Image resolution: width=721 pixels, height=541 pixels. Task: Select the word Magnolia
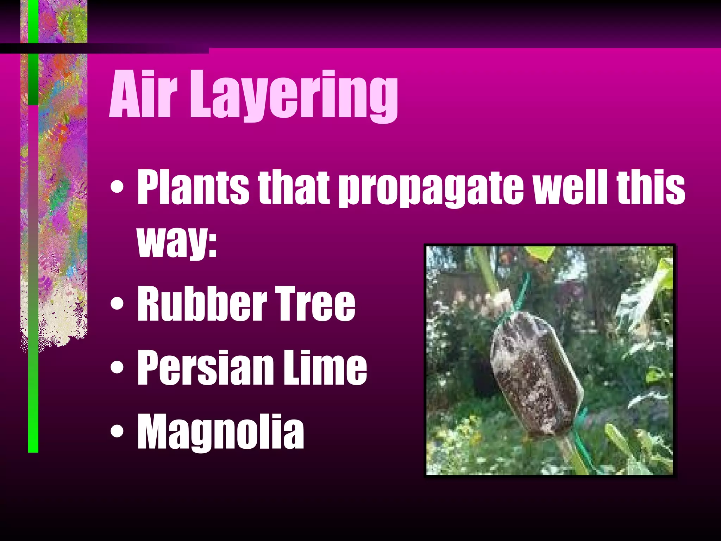pos(220,431)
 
